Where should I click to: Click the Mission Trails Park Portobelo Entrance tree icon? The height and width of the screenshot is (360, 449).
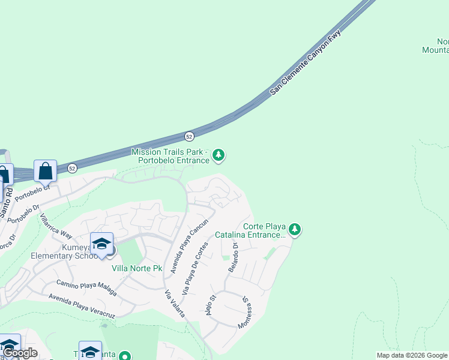pos(219,156)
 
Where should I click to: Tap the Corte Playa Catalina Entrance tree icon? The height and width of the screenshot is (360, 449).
pos(294,229)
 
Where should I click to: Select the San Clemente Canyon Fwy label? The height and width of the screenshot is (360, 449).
pos(306,62)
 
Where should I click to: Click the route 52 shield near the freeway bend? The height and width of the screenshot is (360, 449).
pos(189,136)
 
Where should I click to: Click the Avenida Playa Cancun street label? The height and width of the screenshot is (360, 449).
pos(189,246)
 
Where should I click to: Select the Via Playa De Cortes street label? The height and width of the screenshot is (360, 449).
pos(196,268)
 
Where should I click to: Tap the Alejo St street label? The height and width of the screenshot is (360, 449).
pos(211,307)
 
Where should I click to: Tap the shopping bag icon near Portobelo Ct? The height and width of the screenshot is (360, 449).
pos(46,171)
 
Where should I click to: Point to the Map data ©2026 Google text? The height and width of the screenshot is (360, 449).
pos(411,355)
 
